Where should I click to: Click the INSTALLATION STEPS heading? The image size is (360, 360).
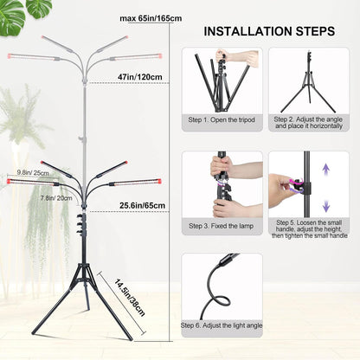tap(268, 31)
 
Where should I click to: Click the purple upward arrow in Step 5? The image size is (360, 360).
tap(325, 169)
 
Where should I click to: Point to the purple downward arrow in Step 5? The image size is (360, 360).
tap(325, 206)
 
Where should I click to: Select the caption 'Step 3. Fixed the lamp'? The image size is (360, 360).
tap(222, 227)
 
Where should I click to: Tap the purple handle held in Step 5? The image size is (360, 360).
tap(300, 185)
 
